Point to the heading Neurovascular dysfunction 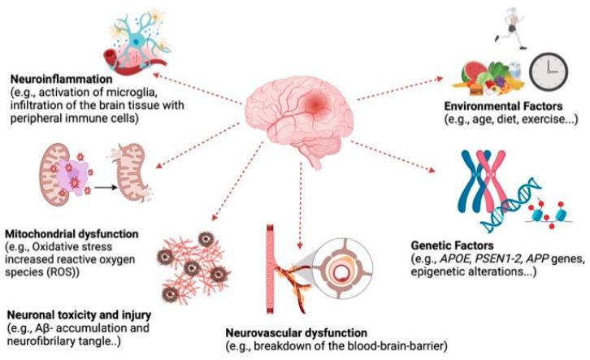[x=298, y=332]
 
